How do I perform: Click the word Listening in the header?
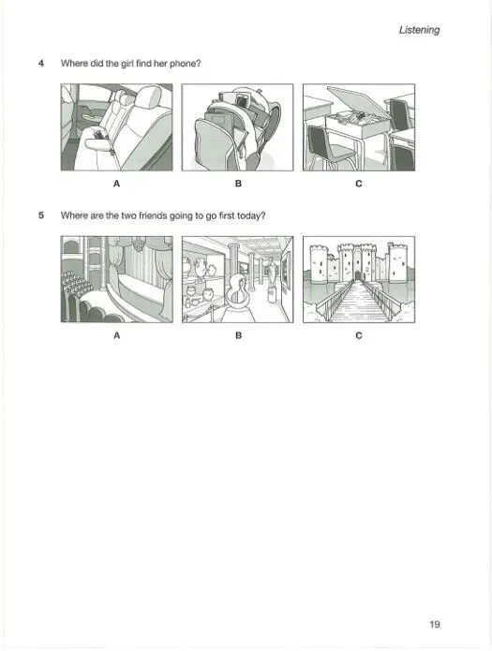[419, 29]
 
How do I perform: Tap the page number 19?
[435, 624]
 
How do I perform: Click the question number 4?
[41, 63]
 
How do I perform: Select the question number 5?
[41, 215]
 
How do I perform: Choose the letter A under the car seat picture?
[116, 185]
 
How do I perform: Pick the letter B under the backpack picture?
[237, 185]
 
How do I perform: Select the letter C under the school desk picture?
[358, 185]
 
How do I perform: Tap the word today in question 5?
[254, 215]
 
